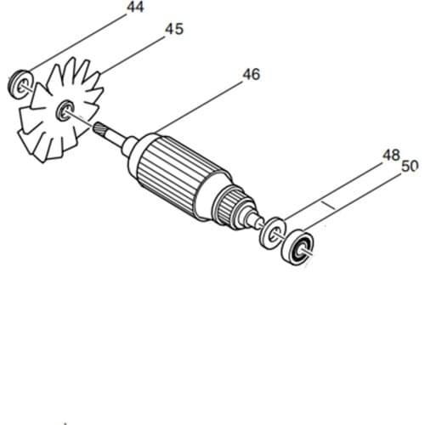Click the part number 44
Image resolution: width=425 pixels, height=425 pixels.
pyautogui.click(x=134, y=8)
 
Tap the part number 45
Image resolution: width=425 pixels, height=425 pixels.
pyautogui.click(x=173, y=29)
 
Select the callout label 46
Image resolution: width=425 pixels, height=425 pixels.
pyautogui.click(x=251, y=75)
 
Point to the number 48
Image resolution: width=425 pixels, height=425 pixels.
pyautogui.click(x=391, y=156)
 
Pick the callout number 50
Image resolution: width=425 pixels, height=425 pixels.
pyautogui.click(x=410, y=167)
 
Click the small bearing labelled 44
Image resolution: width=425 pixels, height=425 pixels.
pyautogui.click(x=23, y=82)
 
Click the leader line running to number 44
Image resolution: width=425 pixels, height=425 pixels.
pyautogui.click(x=76, y=43)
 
